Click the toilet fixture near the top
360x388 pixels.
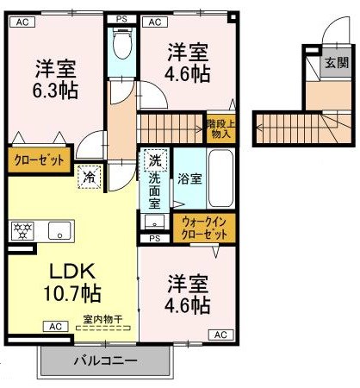point(122,41)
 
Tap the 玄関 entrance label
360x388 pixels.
point(334,62)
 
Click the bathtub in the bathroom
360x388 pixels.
point(220,179)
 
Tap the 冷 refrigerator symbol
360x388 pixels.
point(90,178)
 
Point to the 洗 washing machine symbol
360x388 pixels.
point(154,160)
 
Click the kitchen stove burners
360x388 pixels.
point(21,230)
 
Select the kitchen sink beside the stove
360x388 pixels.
point(60,230)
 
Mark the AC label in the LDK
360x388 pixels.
point(54,327)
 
